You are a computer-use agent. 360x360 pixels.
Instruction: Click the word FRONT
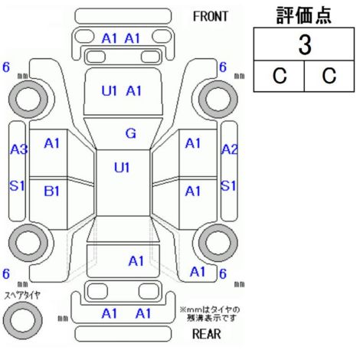(x=211, y=17)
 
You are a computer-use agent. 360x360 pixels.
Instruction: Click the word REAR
(x=206, y=334)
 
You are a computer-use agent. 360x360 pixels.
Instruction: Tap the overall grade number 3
(x=305, y=45)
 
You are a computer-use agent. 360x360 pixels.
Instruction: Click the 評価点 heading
(x=304, y=15)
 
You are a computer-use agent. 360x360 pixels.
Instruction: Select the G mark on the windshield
(x=131, y=133)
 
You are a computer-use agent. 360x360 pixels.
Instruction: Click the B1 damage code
(x=52, y=191)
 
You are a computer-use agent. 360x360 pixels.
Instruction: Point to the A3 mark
(x=18, y=149)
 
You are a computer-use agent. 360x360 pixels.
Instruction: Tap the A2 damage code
(x=229, y=149)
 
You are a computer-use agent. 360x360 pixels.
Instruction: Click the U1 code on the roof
(x=122, y=168)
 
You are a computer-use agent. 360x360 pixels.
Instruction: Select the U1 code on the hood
(x=110, y=90)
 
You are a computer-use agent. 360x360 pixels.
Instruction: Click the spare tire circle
(x=23, y=320)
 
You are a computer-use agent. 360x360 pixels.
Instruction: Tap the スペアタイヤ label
(x=22, y=296)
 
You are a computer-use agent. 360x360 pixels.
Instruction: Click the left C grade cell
(x=280, y=76)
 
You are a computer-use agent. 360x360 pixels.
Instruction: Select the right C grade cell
(x=329, y=76)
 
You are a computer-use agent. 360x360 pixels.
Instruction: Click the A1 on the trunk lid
(x=136, y=261)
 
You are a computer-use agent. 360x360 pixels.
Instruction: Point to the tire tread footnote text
(x=210, y=314)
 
